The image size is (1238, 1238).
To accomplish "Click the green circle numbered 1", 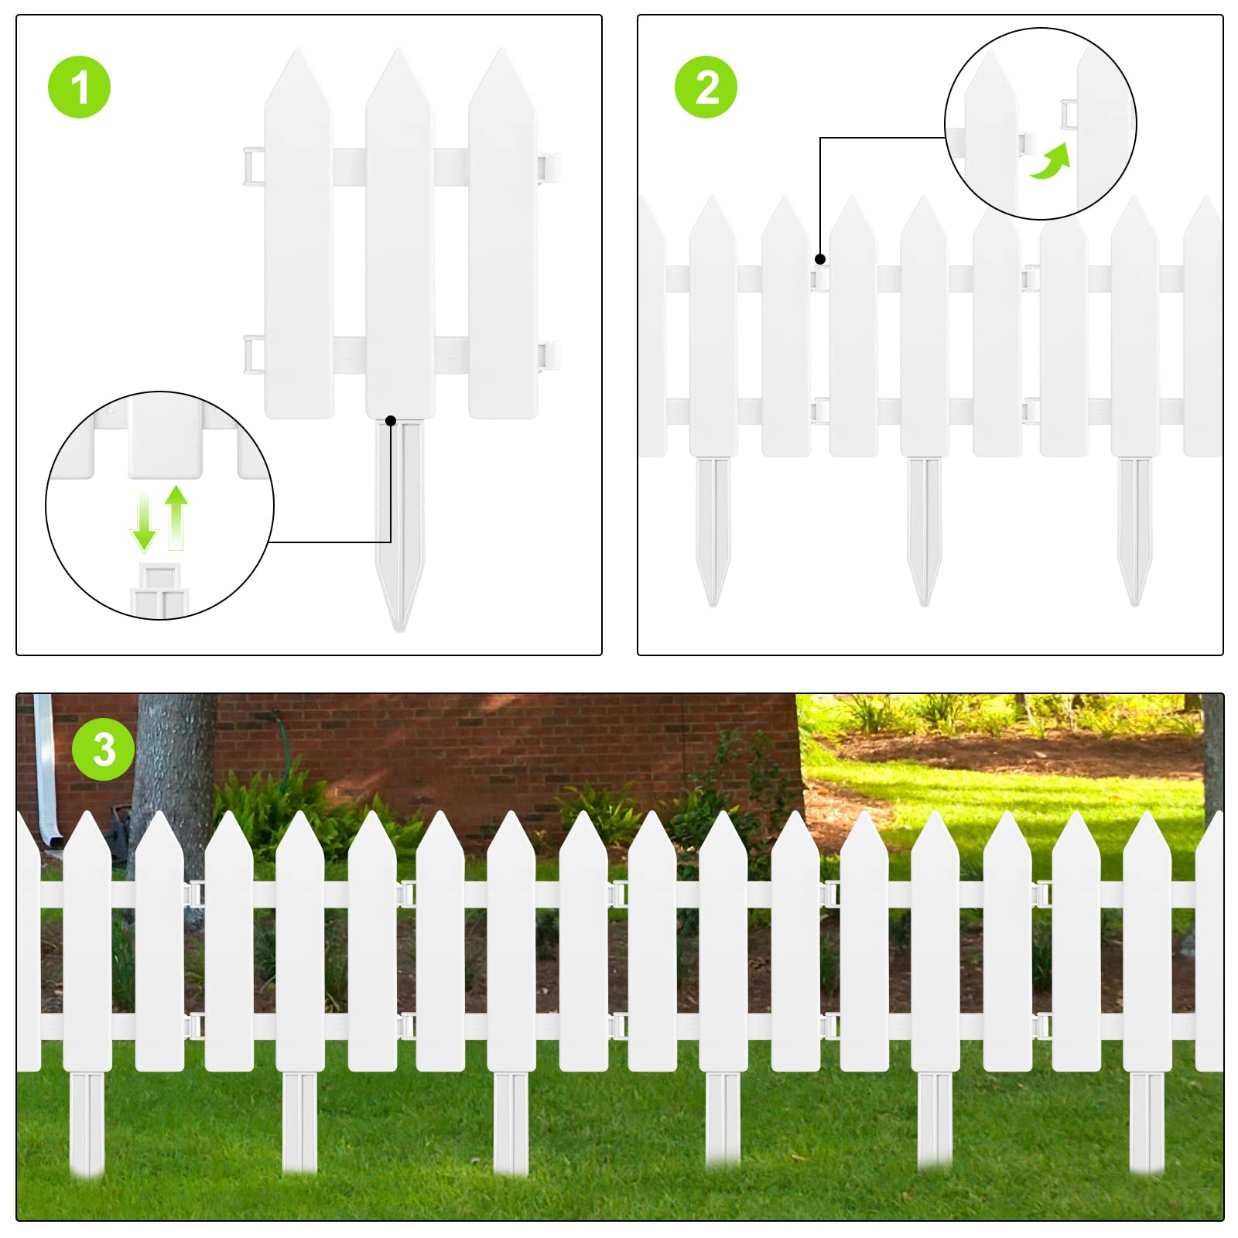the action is pos(79,87).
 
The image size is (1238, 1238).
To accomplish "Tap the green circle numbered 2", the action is pos(706,87).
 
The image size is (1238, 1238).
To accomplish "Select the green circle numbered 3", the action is pos(104,749).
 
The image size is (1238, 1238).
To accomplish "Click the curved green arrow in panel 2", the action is pos(1051,161).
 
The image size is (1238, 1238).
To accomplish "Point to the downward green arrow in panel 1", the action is pos(144,521).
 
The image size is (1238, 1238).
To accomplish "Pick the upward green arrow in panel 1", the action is pos(176,517).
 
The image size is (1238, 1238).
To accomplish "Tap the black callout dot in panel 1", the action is pos(391,421).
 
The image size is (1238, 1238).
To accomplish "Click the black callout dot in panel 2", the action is pos(820,259).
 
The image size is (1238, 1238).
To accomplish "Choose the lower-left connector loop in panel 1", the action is pos(255,355).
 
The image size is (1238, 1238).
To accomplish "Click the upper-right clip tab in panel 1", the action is pos(549,167).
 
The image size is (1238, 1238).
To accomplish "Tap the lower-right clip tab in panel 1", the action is pos(549,355).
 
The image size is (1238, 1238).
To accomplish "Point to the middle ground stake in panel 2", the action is pos(924,531).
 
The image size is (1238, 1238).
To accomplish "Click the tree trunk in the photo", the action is pos(173,781).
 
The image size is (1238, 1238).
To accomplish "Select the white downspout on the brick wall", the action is pos(46,769).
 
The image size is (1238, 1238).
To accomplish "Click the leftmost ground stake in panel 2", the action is pos(713,531).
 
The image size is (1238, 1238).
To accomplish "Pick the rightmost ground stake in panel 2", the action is pos(1134,531).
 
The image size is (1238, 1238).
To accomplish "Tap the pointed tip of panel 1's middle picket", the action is pos(399,49).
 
